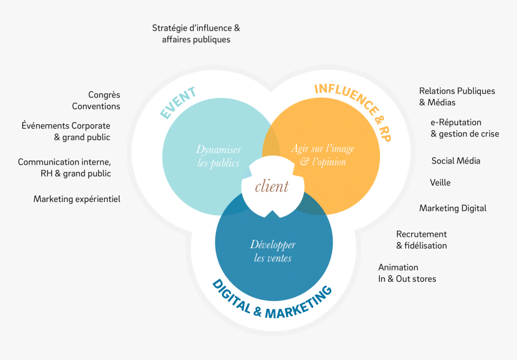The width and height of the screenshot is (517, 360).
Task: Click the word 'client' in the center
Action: coord(272,186)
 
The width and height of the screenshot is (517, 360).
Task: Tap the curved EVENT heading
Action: coord(179,103)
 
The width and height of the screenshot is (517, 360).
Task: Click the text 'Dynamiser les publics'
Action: coord(218,156)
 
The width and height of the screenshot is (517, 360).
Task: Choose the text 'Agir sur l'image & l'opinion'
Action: coord(323,155)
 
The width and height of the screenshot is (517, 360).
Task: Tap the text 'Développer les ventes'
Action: coord(272,251)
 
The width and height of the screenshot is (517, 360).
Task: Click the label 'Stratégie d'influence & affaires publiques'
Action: coord(196,34)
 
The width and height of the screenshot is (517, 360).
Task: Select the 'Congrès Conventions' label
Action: coord(96,100)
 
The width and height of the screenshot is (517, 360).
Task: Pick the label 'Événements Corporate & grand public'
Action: coord(66,132)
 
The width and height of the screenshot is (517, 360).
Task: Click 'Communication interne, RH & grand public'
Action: coord(64,168)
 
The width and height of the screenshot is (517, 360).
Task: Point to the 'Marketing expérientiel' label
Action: coord(77,199)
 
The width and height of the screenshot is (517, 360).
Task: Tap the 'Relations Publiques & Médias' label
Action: coord(457,97)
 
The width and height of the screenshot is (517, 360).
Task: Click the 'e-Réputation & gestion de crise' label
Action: coord(465,128)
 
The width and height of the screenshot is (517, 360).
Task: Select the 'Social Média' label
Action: coord(456,161)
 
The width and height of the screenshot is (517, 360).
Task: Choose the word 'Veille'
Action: coord(440,183)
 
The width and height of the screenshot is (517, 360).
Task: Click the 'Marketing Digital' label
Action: coord(453,209)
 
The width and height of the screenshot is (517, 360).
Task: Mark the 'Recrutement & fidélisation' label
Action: coord(421,240)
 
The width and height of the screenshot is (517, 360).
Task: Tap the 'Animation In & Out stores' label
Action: coord(407,273)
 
